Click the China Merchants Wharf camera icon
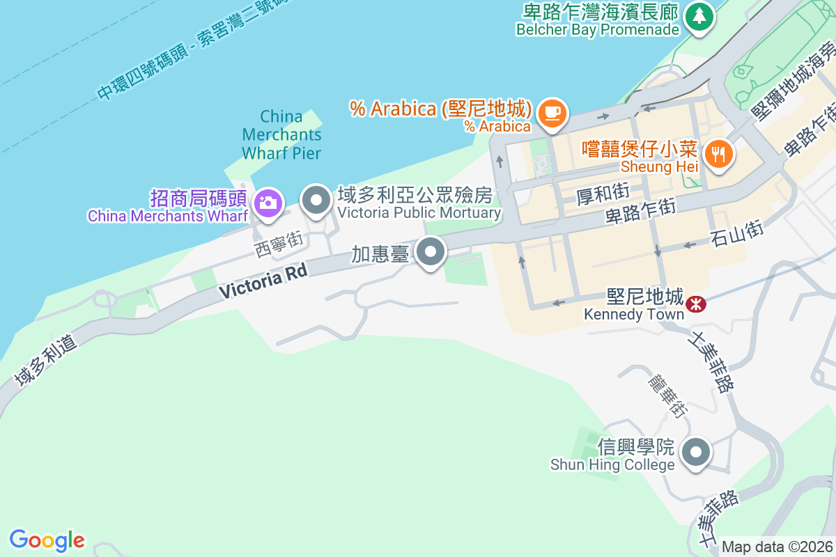(267, 203)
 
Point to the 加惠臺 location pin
(431, 251)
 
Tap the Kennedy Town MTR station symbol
(695, 304)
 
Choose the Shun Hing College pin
(695, 453)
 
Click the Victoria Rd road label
(263, 281)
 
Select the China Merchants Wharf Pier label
(281, 134)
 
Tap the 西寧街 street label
(278, 245)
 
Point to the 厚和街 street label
(603, 194)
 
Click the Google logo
(47, 540)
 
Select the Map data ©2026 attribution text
(776, 547)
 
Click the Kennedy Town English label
(634, 314)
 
